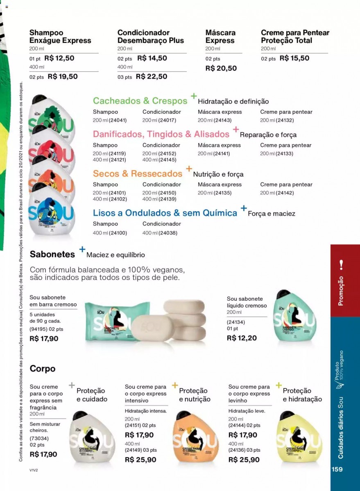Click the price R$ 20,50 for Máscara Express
tap(221, 68)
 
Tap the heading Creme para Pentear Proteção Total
tap(295, 36)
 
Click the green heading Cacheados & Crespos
tap(140, 101)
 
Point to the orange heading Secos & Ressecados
tap(138, 173)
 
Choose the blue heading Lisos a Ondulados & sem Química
tap(165, 213)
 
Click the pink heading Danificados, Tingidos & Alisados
tap(161, 134)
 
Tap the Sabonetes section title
tap(52, 254)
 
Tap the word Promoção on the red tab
tap(340, 291)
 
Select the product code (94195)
tap(38, 329)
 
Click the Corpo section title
tap(43, 368)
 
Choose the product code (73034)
tap(38, 438)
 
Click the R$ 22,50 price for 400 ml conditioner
tap(151, 76)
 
